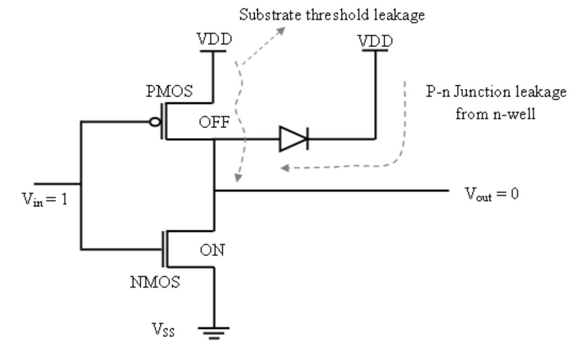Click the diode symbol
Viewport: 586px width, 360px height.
[294, 139]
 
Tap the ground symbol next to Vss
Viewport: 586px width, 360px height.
[214, 333]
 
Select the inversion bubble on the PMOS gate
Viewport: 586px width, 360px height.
[155, 122]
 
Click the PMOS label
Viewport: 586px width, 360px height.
[169, 91]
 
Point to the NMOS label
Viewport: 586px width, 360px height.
[155, 282]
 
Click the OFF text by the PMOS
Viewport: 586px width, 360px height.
[214, 122]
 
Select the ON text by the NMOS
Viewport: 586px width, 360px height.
[212, 250]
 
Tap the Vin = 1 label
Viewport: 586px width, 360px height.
[45, 199]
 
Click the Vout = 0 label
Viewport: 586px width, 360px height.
[492, 194]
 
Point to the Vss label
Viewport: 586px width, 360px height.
[163, 330]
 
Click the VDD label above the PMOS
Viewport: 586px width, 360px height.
[215, 39]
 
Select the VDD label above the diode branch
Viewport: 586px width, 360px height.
[375, 40]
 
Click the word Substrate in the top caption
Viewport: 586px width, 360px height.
[270, 15]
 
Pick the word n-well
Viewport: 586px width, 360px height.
[514, 114]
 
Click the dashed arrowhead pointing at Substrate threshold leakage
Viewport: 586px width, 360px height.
[280, 31]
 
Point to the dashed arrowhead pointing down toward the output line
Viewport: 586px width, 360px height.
[237, 178]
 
